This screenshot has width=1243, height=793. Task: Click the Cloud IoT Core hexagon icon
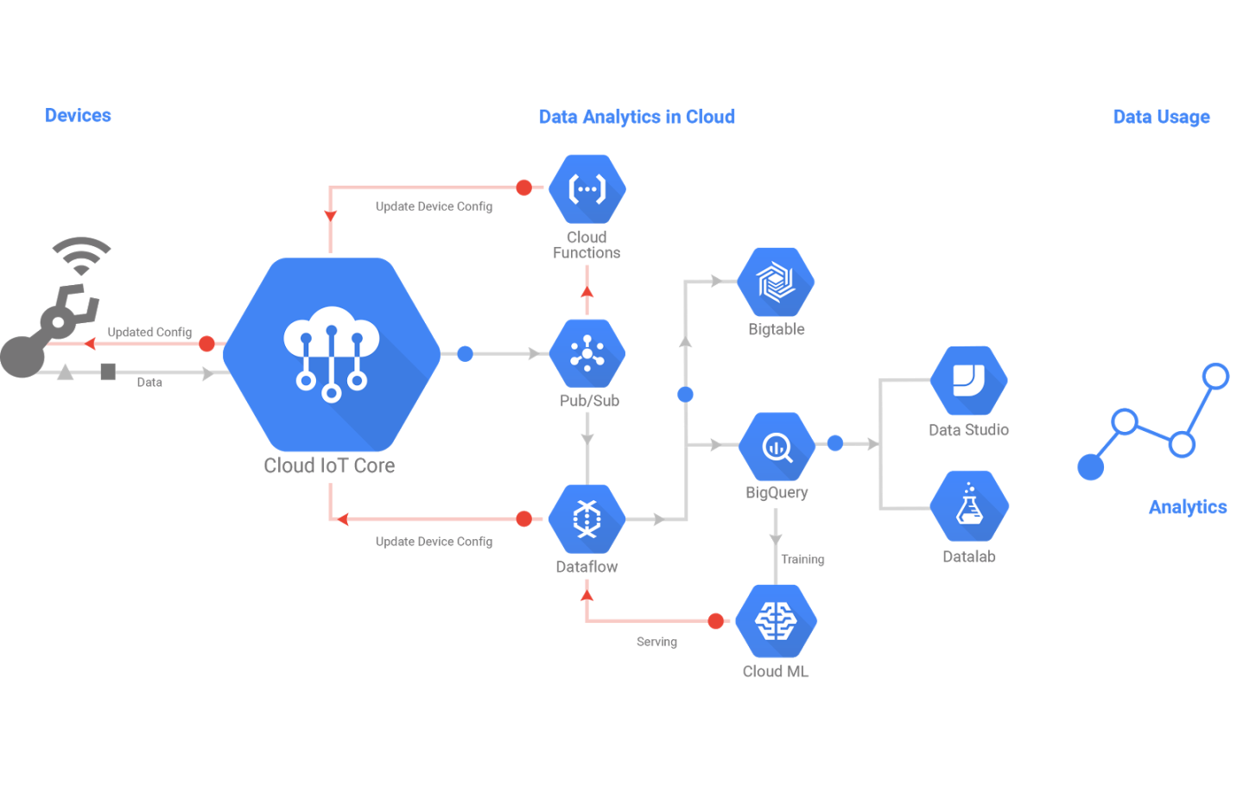(332, 353)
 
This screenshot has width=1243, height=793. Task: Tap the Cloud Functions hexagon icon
(587, 188)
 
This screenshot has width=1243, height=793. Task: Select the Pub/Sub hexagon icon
(587, 353)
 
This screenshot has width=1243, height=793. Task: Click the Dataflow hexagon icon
(587, 518)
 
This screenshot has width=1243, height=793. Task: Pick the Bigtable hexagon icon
(776, 282)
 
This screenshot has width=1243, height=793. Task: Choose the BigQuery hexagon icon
(777, 447)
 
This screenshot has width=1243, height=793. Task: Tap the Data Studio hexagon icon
(968, 380)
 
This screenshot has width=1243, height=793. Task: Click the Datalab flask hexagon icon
(969, 506)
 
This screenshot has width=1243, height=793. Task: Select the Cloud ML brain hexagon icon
(775, 620)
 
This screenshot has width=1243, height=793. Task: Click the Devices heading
(78, 116)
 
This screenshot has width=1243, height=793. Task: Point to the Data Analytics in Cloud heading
(637, 117)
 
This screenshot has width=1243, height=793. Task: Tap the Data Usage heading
(1161, 117)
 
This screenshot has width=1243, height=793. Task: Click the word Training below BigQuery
(802, 560)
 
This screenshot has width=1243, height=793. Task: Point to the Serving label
(656, 642)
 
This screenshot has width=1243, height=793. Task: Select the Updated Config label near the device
(149, 332)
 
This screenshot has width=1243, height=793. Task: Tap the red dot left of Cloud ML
(715, 621)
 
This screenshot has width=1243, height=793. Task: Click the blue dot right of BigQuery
(834, 443)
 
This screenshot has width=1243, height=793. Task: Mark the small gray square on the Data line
(108, 372)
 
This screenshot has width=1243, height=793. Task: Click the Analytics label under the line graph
(1187, 507)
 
